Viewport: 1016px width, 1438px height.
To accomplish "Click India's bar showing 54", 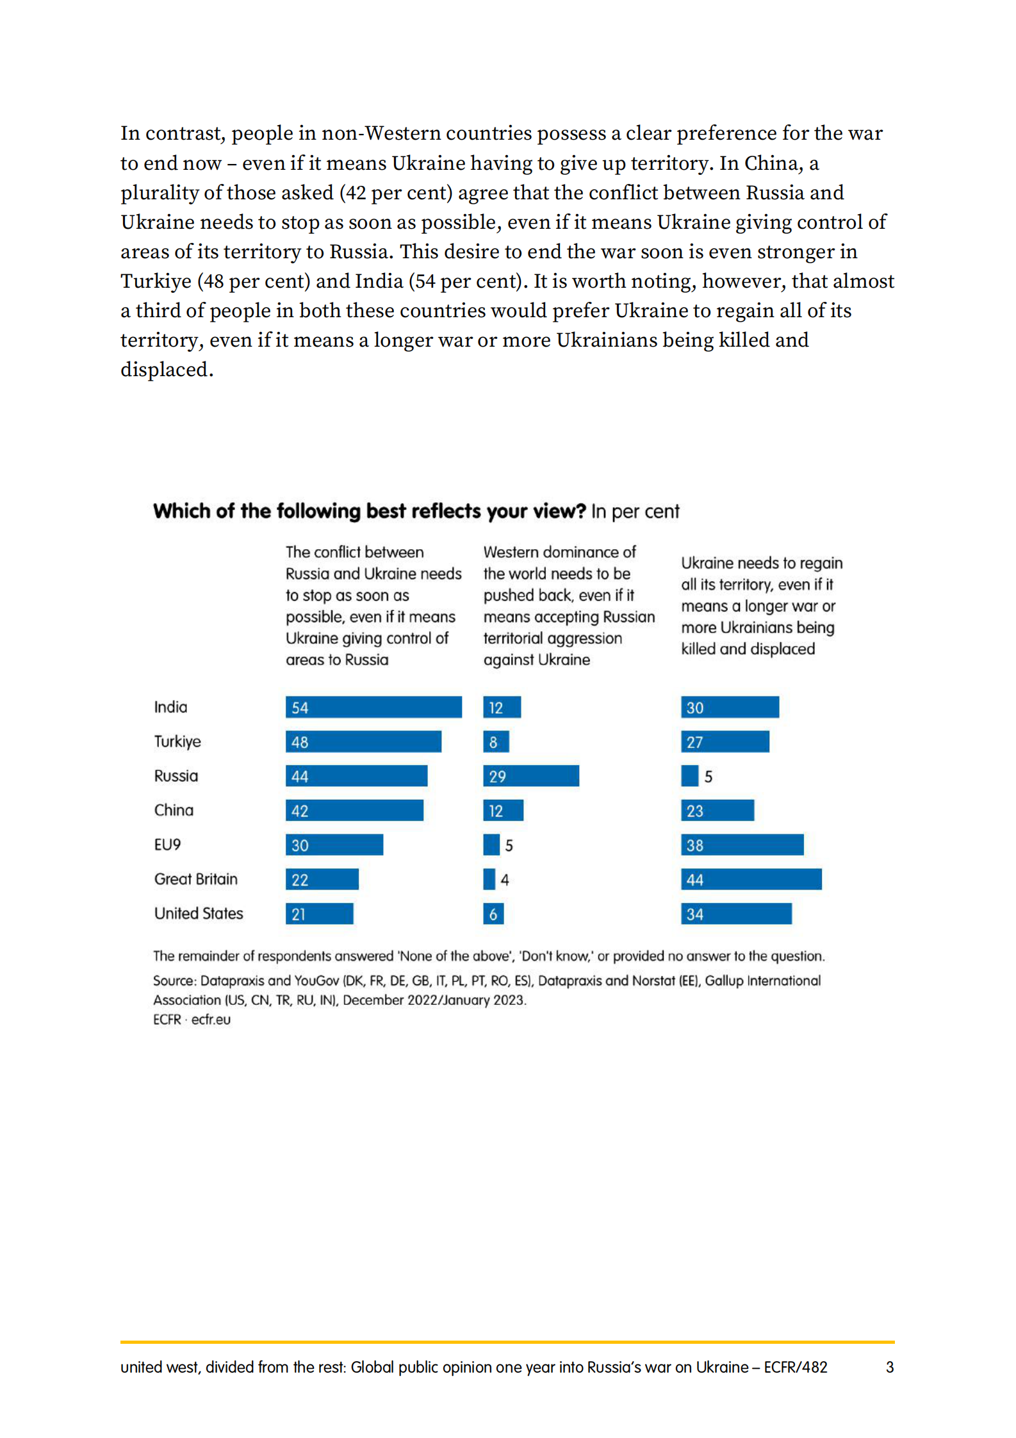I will point(373,707).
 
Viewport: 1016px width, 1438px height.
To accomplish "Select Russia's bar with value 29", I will point(530,775).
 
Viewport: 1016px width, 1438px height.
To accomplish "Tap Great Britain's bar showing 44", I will point(750,879).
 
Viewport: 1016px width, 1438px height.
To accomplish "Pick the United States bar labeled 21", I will point(319,913).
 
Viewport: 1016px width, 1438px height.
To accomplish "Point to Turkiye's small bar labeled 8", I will point(496,741).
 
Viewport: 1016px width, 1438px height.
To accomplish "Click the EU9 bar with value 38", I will point(741,845).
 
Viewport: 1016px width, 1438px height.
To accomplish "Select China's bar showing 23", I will point(717,810).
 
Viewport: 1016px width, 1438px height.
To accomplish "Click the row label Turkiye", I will point(177,741).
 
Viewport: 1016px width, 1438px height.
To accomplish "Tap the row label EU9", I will point(167,845).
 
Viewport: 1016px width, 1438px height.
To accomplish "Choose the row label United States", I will point(199,913).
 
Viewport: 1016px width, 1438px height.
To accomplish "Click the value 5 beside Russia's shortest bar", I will point(708,777).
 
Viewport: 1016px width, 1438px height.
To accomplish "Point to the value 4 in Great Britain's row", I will point(505,880).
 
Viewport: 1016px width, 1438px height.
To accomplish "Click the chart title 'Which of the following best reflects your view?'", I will point(370,511).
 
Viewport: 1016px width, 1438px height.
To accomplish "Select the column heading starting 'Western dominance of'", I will point(568,605).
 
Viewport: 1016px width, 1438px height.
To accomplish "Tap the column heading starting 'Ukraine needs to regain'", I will point(761,605).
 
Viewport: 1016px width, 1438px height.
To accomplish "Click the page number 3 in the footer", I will point(889,1367).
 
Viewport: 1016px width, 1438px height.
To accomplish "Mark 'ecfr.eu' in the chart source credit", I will point(211,1019).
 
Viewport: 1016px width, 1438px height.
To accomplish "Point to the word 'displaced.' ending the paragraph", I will point(167,370).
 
